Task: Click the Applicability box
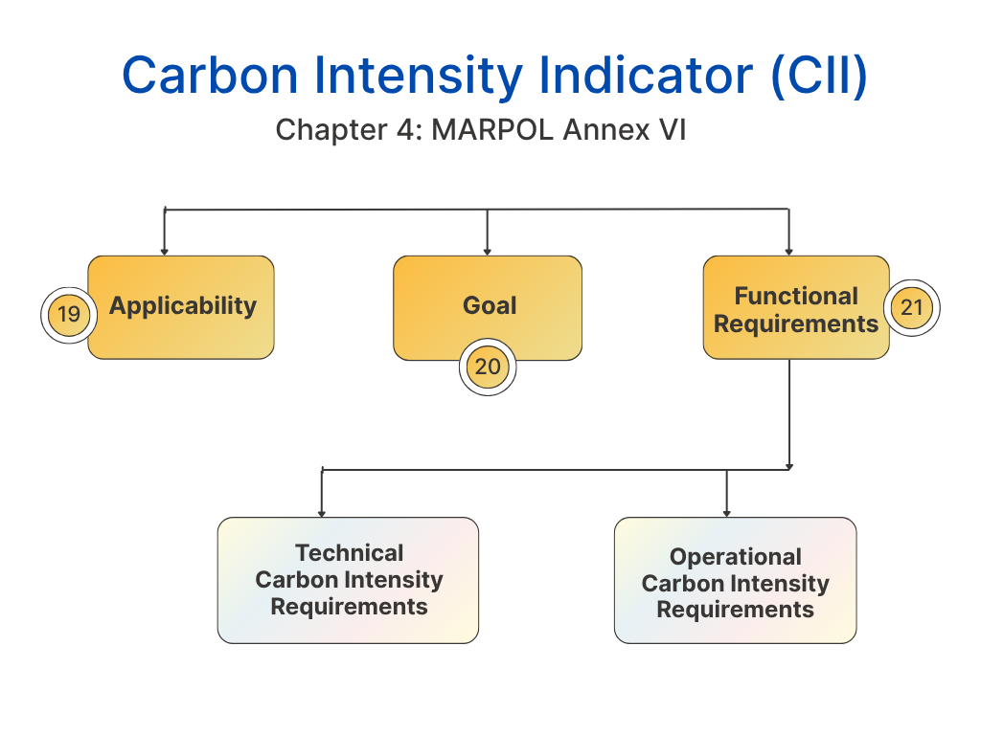coord(181,307)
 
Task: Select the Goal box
coord(488,307)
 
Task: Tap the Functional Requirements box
coord(796,307)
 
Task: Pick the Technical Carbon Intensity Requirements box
coord(348,580)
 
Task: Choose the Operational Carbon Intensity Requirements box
coord(735,580)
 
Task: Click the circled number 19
coord(69,314)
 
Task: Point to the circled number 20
coord(488,367)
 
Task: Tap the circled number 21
coord(912,307)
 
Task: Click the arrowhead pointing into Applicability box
coord(165,252)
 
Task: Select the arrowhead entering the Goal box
coord(488,252)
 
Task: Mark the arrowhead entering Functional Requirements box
coord(789,252)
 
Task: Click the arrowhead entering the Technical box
coord(322,514)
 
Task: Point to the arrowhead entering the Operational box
coord(726,514)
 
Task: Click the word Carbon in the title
coord(210,77)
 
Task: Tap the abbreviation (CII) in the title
coord(820,77)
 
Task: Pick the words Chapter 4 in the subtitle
coord(350,130)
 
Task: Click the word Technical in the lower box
coord(349,552)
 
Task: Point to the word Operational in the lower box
coord(735,556)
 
